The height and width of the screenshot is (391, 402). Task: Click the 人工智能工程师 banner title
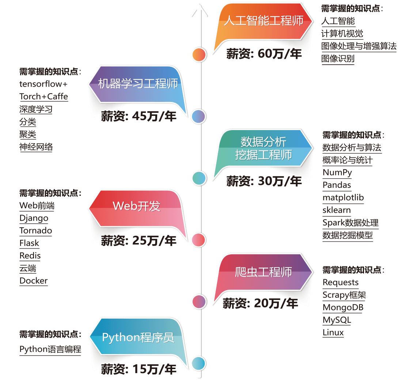[x=263, y=20]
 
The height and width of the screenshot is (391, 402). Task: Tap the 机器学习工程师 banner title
[x=138, y=84]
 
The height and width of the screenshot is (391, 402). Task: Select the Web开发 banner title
[x=136, y=206]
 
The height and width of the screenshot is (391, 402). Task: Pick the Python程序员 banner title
[x=138, y=337]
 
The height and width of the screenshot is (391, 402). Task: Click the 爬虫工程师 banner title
[x=263, y=272]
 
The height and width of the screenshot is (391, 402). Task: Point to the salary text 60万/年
[x=264, y=54]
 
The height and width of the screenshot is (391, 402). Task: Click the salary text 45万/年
[x=139, y=117]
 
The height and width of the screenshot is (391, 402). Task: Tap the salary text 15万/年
[x=139, y=369]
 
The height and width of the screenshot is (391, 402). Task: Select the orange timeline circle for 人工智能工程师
[x=199, y=55]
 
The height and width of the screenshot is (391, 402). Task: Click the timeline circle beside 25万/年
[x=199, y=240]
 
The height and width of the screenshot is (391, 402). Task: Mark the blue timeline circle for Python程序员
[x=199, y=363]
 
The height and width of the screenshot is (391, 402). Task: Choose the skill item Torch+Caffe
[x=43, y=96]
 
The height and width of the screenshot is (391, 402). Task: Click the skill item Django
[x=34, y=218]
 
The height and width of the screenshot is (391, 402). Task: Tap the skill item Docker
[x=34, y=281]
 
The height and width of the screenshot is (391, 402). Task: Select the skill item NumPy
[x=337, y=172]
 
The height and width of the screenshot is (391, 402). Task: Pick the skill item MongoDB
[x=343, y=307]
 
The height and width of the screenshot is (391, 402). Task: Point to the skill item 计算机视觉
[x=342, y=34]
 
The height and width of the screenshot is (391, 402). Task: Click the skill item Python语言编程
[x=50, y=349]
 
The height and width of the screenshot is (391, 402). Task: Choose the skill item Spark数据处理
[x=350, y=223]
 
